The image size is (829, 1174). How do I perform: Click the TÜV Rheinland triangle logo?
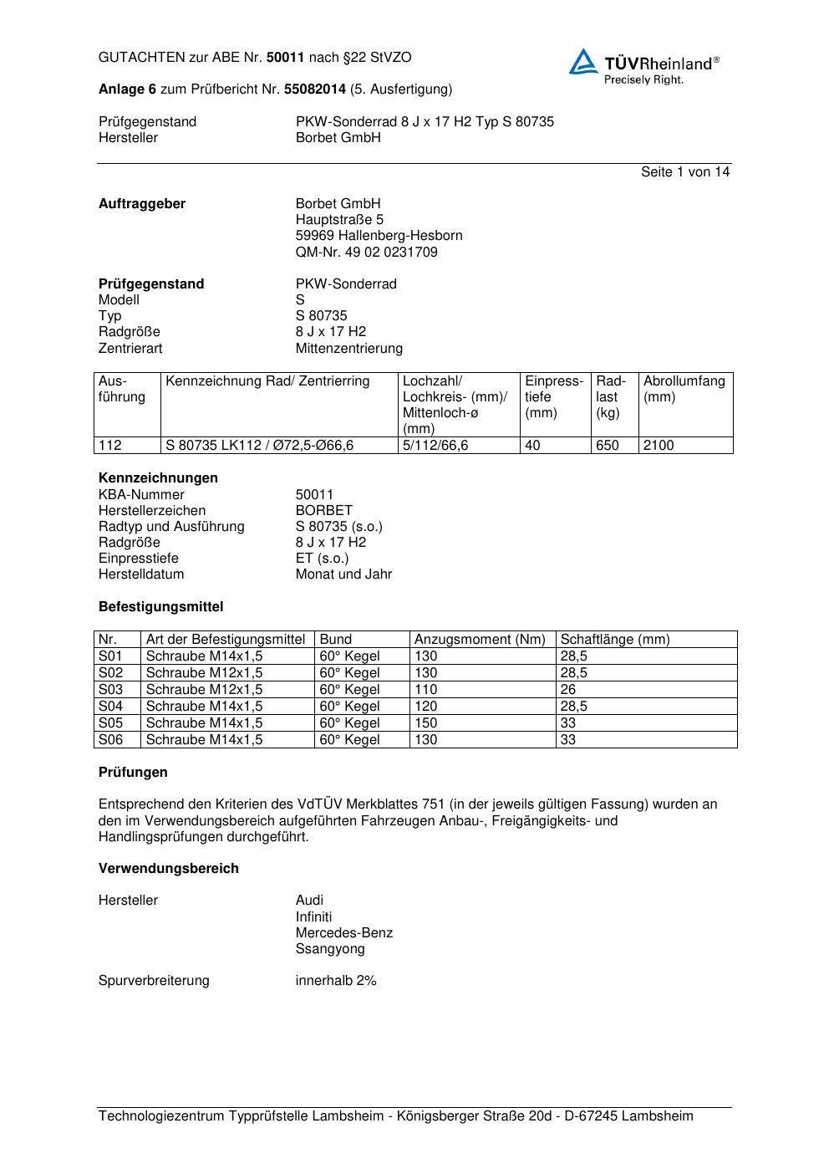[583, 62]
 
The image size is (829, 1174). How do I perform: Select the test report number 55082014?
[315, 89]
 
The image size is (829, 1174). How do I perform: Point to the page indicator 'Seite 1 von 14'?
[685, 171]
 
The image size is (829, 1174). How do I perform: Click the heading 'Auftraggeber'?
[142, 204]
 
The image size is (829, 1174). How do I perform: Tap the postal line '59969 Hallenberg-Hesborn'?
[379, 236]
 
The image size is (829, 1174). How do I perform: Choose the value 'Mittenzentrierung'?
[348, 348]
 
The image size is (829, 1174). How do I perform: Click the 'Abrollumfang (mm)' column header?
[684, 389]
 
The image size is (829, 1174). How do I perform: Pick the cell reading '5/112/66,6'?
[435, 446]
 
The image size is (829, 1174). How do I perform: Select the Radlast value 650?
[608, 446]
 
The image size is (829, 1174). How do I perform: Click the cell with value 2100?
[659, 446]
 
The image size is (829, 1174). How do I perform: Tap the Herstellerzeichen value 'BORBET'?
[324, 510]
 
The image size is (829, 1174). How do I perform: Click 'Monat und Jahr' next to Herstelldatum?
[343, 574]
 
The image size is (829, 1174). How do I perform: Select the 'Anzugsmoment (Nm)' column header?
[480, 640]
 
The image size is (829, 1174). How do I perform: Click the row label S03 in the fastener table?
[110, 690]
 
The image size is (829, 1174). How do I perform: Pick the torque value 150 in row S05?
[425, 723]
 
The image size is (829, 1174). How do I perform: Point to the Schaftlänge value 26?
[568, 690]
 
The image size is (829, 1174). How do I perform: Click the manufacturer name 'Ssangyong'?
[330, 949]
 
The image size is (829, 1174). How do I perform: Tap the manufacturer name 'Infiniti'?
[313, 916]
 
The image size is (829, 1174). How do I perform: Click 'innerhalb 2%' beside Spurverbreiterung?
[336, 981]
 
